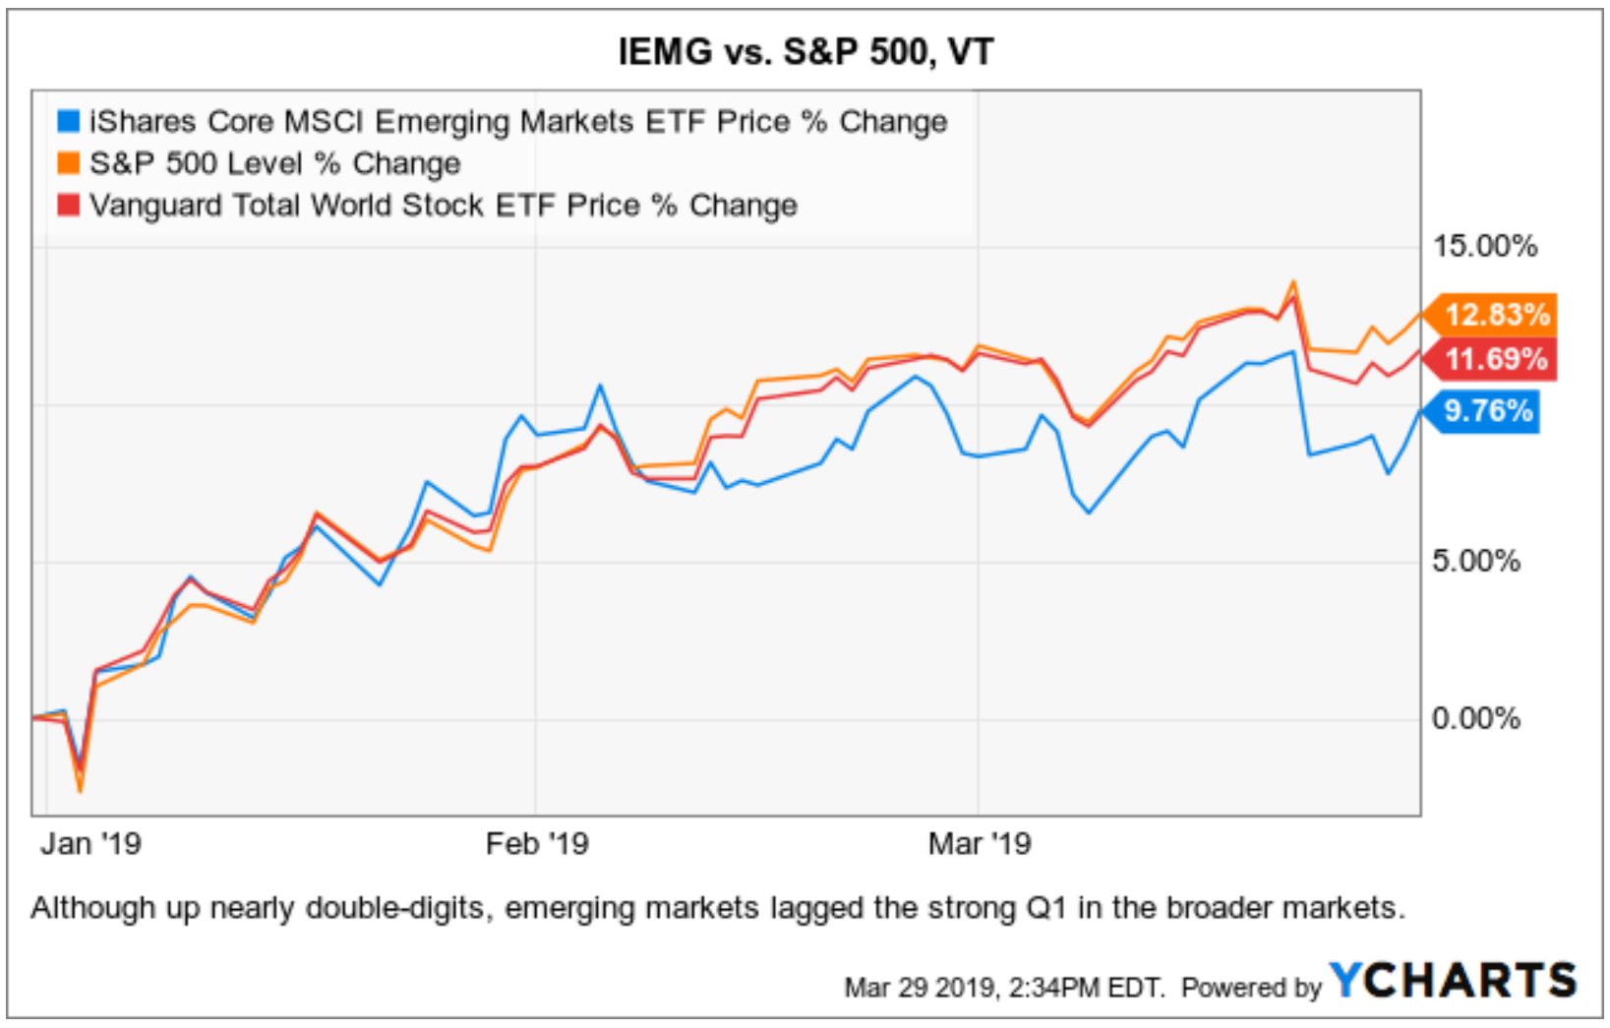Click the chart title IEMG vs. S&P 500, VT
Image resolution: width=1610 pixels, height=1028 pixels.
coord(805,51)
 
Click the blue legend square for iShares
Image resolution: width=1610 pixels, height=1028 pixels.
coord(68,121)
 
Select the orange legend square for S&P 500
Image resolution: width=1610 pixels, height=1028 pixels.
coord(68,163)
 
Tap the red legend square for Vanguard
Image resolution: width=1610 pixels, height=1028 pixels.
coord(68,206)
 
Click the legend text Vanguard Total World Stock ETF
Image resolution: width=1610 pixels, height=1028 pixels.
coord(443,206)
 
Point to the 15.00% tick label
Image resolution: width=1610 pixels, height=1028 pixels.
coord(1484,246)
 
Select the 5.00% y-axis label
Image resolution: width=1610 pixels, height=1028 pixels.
coord(1475,561)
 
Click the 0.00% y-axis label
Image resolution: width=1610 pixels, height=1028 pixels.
coord(1475,718)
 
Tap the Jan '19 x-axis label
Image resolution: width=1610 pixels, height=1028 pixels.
coord(90,844)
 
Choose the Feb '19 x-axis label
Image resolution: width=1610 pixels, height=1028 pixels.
coord(537,844)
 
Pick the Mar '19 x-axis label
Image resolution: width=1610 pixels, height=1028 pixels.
coord(980,844)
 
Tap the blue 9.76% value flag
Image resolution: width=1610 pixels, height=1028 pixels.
coord(1487,410)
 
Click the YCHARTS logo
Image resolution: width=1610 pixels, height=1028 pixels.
coord(1453,981)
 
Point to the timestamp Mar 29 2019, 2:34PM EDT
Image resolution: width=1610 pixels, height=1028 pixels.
coord(1003,987)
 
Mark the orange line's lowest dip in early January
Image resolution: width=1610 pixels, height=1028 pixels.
coord(80,790)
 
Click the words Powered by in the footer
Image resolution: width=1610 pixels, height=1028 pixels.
coord(1251,987)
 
